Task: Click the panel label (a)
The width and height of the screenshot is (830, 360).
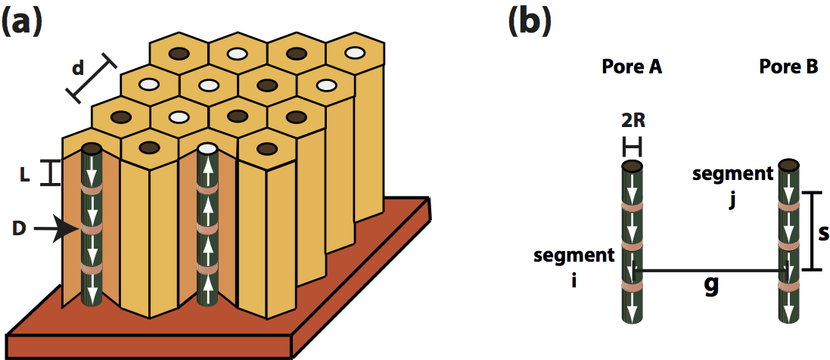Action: pyautogui.click(x=22, y=20)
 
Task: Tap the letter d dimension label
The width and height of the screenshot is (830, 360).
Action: pyautogui.click(x=77, y=68)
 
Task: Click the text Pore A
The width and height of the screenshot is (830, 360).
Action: pyautogui.click(x=632, y=67)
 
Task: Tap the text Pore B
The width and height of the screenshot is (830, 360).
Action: pyautogui.click(x=788, y=67)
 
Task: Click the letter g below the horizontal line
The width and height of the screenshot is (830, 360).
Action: pyautogui.click(x=711, y=287)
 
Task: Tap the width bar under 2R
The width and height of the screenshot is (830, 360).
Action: pyautogui.click(x=632, y=144)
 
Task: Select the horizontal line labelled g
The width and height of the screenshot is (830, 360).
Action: pyautogui.click(x=711, y=270)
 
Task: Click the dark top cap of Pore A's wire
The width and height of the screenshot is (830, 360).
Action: pyautogui.click(x=633, y=166)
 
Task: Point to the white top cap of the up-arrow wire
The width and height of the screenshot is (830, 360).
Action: pyautogui.click(x=207, y=148)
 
